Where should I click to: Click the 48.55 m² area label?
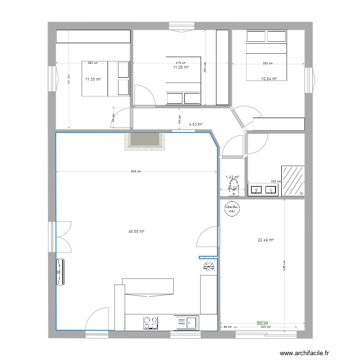tap(136, 231)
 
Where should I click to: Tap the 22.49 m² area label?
tap(265, 240)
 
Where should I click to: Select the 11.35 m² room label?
tap(93, 79)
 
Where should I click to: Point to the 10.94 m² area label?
tap(269, 78)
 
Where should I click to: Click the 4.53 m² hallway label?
tap(195, 124)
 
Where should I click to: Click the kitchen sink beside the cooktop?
tap(187, 323)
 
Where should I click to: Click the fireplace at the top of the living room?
tap(144, 141)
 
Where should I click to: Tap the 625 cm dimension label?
tap(136, 171)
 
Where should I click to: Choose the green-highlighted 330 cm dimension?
tap(262, 324)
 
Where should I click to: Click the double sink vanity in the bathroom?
tap(264, 190)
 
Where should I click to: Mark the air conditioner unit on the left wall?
tap(60, 273)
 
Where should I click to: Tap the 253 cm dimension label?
tap(267, 63)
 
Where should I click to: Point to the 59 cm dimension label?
tap(228, 327)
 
